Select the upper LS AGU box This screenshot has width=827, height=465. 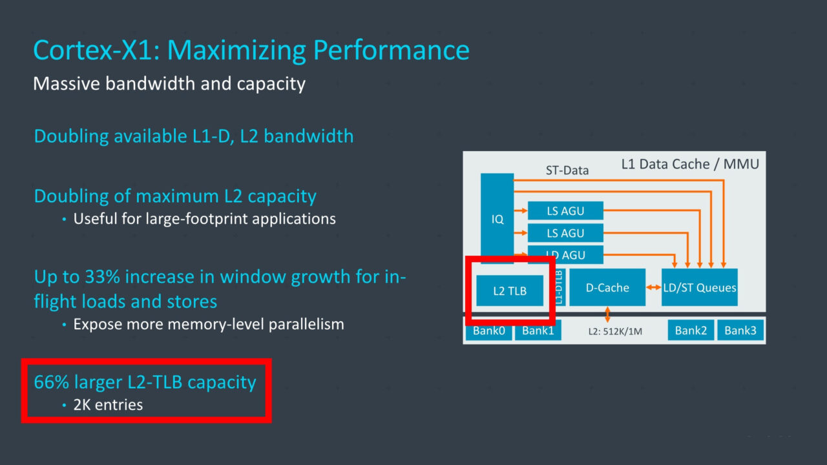565,211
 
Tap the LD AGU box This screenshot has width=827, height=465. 565,254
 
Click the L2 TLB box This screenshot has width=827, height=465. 510,291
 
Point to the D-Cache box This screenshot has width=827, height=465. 607,287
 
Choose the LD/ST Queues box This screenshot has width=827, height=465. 699,287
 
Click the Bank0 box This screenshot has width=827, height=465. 489,330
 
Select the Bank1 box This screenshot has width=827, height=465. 538,330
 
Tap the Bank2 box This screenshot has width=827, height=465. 691,330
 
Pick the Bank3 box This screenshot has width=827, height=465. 740,330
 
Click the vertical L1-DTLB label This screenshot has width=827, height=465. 559,287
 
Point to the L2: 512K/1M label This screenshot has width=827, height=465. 615,331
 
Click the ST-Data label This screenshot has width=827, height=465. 567,170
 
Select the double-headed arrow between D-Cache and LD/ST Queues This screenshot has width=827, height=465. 653,287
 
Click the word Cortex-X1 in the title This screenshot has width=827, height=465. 96,50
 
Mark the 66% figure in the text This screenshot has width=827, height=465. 51,382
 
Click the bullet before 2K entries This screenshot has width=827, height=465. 64,405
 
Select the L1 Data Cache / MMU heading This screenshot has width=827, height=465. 690,164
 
